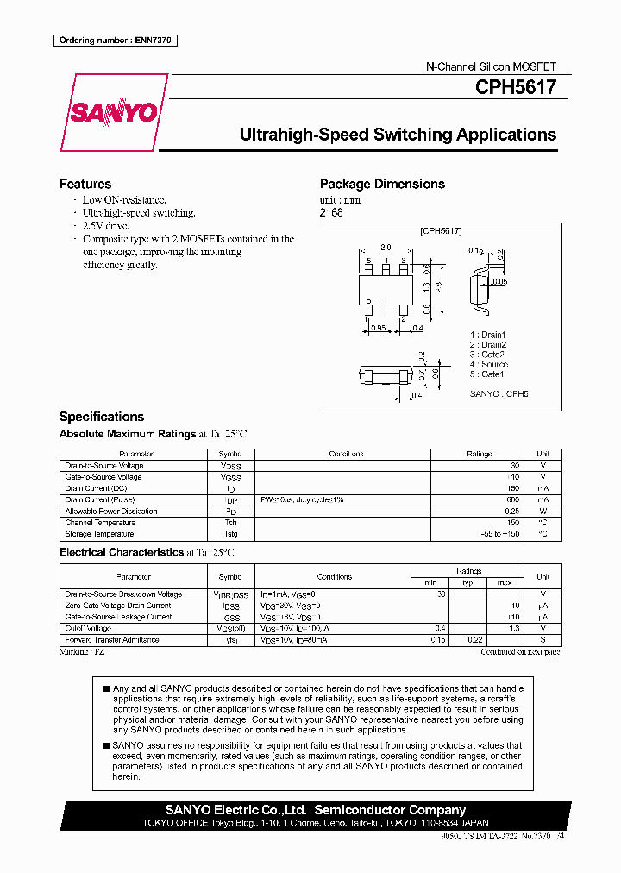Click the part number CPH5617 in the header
point(515,87)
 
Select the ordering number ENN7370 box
point(115,41)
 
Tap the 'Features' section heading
point(85,184)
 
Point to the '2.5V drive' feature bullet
point(106,225)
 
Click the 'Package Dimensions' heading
point(382,184)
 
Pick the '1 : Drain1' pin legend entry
point(488,334)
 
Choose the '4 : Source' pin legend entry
point(489,364)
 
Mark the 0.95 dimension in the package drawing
point(377,328)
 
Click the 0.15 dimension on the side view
point(475,251)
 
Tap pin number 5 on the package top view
point(368,261)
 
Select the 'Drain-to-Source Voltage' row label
point(103,466)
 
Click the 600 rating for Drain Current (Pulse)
point(512,499)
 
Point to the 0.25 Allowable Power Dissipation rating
point(512,512)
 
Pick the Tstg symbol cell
point(230,534)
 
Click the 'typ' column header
point(469,582)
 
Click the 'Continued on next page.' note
point(521,652)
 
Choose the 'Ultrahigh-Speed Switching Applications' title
point(398,135)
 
